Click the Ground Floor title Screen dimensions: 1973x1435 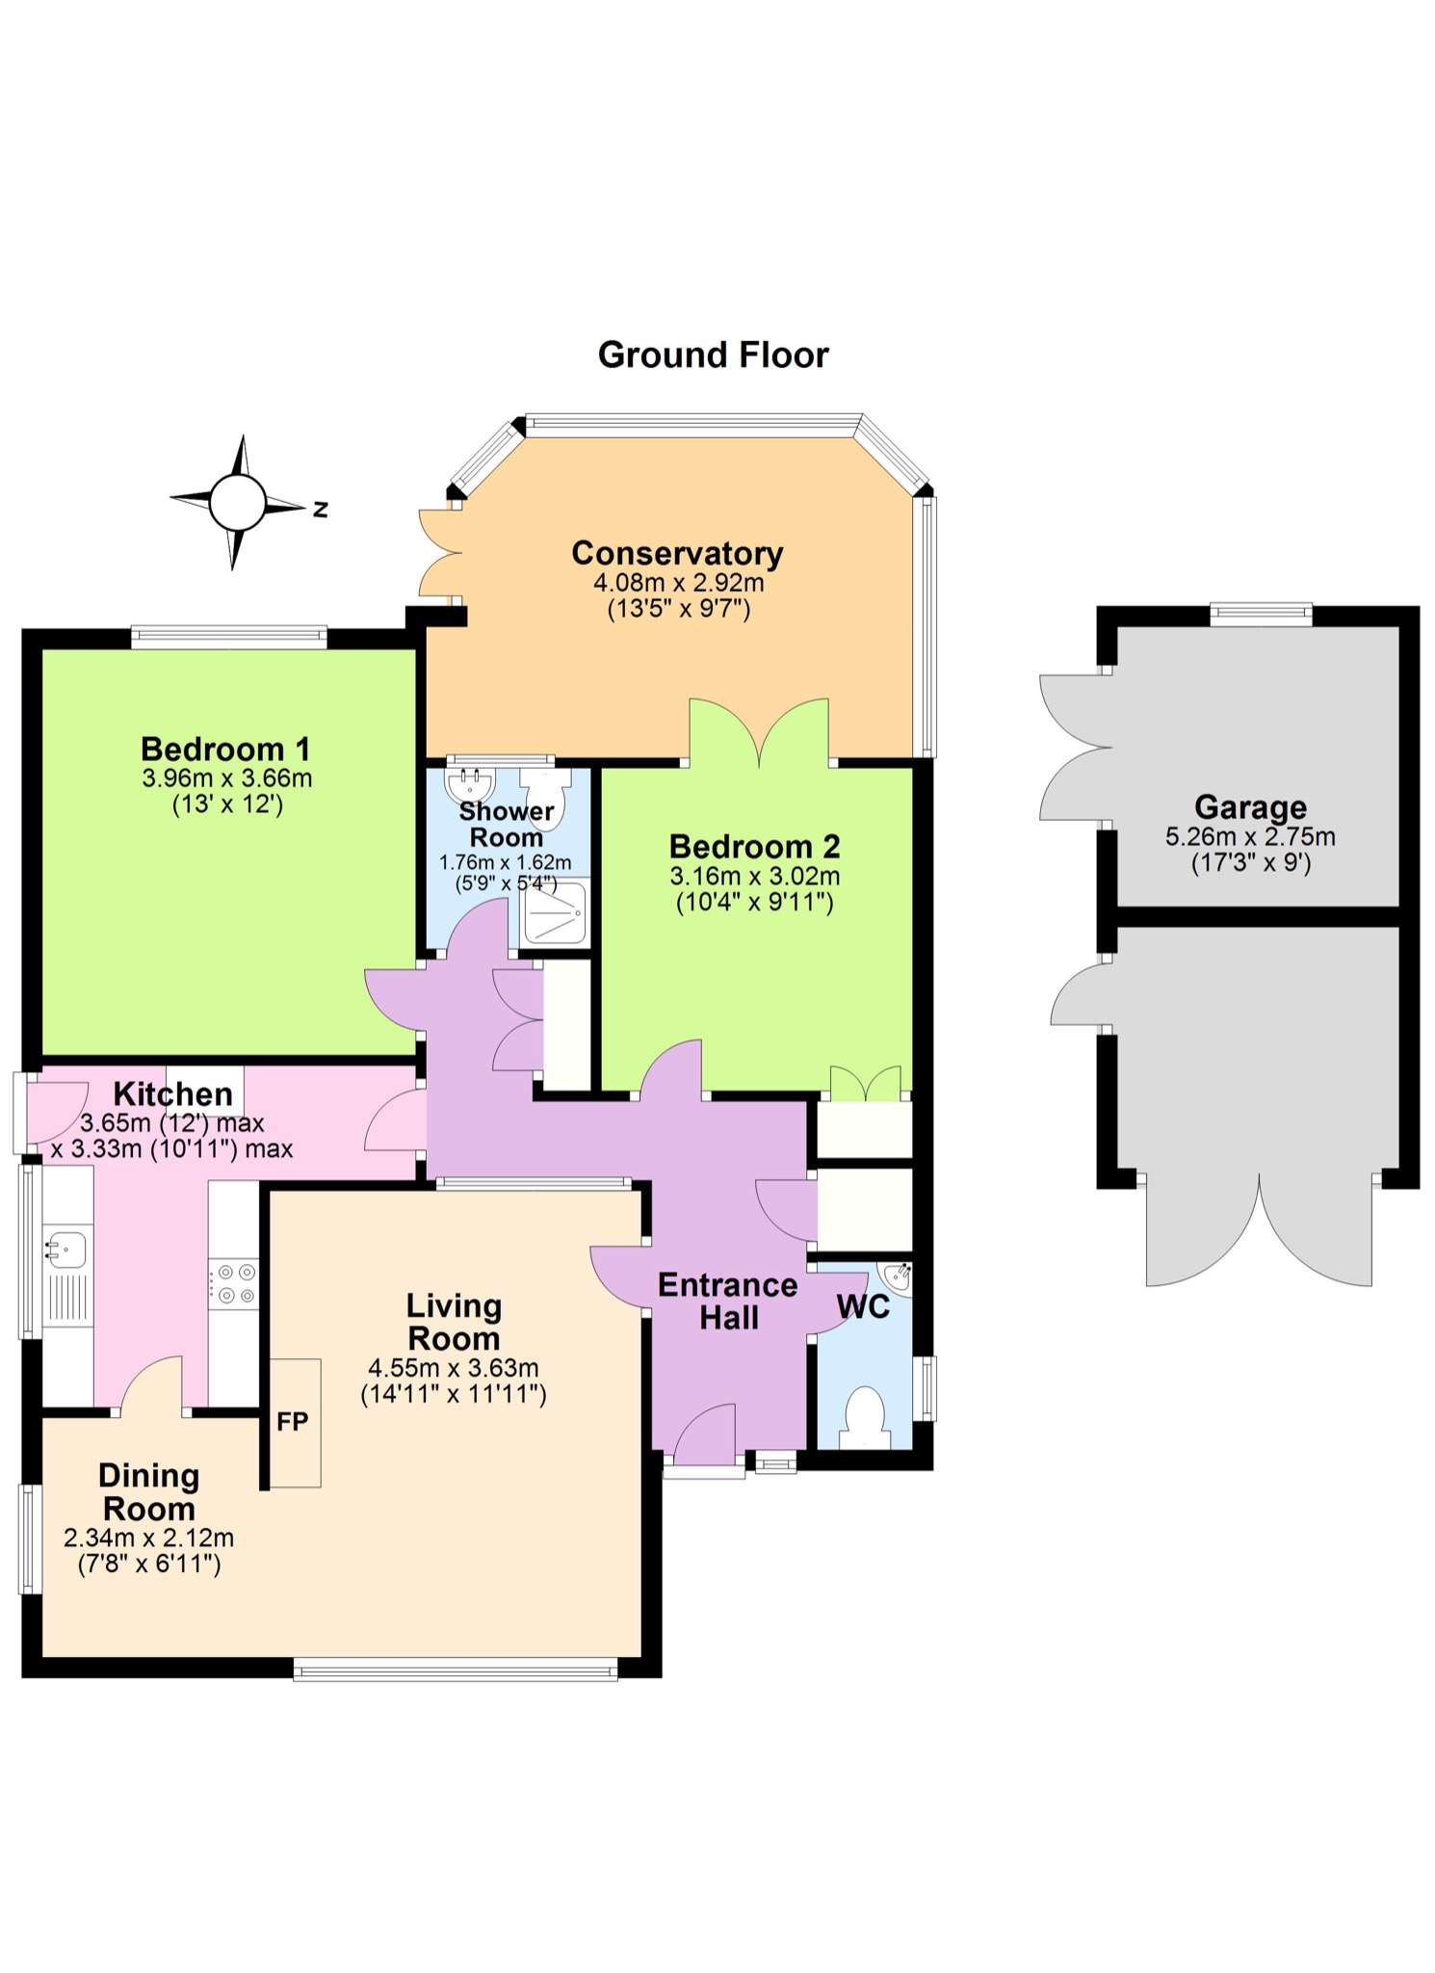click(x=713, y=355)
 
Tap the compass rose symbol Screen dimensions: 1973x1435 click(x=237, y=502)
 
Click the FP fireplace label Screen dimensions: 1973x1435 click(x=293, y=1421)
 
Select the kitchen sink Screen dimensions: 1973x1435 click(x=66, y=1250)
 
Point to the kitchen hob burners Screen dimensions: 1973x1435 click(x=234, y=1283)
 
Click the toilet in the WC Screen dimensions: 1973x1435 click(x=865, y=1416)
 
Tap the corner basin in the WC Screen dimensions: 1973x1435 click(x=897, y=1276)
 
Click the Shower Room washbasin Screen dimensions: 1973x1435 click(x=469, y=784)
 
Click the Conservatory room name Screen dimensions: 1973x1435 click(x=677, y=553)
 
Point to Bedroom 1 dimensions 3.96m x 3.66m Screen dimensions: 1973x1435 click(x=227, y=777)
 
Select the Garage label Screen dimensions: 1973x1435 click(x=1250, y=806)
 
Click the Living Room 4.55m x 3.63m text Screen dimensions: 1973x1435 click(x=453, y=1367)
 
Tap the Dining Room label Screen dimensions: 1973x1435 click(x=149, y=1491)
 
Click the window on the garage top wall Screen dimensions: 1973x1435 click(x=1261, y=613)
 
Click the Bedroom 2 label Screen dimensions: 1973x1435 click(x=754, y=846)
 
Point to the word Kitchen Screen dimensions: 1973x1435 click(x=173, y=1093)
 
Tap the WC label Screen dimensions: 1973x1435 click(x=863, y=1307)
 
